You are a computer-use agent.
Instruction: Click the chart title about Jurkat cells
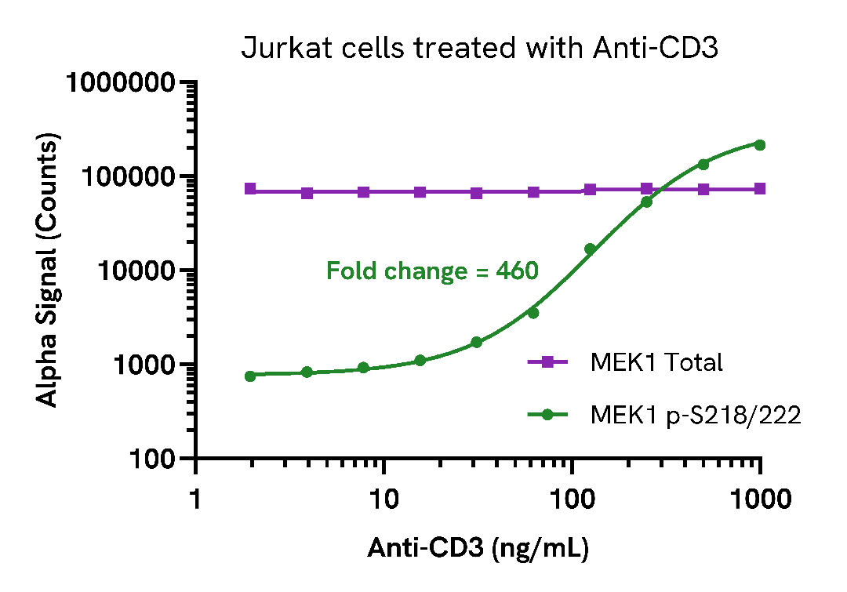pos(479,49)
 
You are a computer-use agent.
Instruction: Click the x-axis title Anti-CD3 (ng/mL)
pos(478,548)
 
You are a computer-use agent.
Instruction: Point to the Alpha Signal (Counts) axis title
pos(49,271)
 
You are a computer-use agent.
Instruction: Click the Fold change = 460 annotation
pos(432,271)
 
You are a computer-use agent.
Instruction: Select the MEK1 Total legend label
pos(656,362)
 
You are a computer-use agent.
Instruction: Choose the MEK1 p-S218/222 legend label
pos(695,416)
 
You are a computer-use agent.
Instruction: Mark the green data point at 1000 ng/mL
pos(759,145)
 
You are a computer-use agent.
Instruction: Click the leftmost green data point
pos(250,376)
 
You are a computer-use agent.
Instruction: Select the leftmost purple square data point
pos(250,189)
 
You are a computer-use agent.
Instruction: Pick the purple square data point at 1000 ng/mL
pos(759,189)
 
